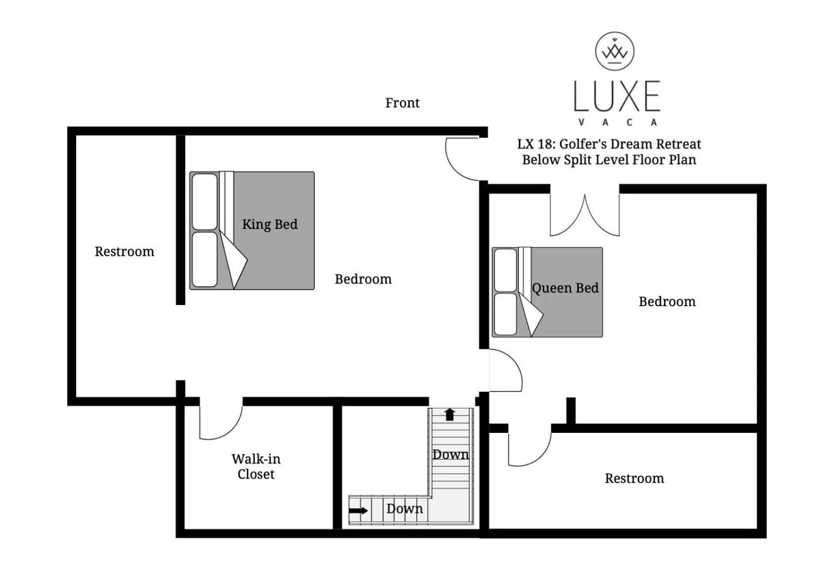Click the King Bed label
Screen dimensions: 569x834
coord(269,224)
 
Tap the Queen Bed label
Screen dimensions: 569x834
coord(565,288)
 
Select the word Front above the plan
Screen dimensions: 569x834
coord(402,103)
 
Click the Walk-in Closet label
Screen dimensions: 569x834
coord(256,466)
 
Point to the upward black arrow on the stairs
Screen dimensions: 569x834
coord(449,415)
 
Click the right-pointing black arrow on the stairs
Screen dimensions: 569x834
coord(358,510)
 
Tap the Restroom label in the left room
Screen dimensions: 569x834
coord(124,251)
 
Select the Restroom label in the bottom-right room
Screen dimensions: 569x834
coord(634,478)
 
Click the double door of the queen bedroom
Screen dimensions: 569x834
coord(585,216)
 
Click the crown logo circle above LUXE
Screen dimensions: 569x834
coord(615,51)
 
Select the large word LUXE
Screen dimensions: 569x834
coord(617,96)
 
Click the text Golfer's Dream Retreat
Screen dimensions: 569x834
coord(630,144)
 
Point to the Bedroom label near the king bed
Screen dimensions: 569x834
coord(363,279)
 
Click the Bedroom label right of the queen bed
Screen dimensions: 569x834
coord(667,301)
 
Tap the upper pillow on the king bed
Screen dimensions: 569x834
coord(205,201)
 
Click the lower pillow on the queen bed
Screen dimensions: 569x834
coord(505,314)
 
